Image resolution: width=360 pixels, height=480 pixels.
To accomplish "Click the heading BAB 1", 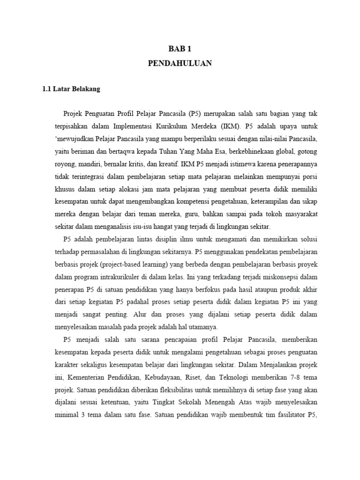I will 180,49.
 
